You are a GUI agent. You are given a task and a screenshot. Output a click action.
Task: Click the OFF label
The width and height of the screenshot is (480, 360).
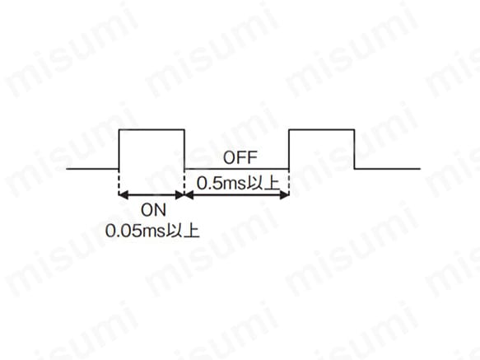point(240,157)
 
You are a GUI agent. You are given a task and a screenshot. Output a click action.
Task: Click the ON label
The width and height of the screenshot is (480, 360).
point(153,210)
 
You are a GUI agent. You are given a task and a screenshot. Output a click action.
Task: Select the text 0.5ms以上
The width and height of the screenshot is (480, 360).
point(238,183)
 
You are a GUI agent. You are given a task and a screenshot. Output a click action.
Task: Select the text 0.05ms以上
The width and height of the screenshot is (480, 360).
point(152,231)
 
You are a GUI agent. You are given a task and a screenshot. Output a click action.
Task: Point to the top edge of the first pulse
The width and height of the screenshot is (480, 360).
point(151,130)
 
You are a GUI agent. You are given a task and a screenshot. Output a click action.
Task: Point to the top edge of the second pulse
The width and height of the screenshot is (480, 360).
point(322,130)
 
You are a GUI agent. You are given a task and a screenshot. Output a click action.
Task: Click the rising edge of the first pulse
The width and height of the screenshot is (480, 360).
point(119,149)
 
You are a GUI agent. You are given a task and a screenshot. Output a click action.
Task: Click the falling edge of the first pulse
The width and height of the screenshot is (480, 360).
point(184,149)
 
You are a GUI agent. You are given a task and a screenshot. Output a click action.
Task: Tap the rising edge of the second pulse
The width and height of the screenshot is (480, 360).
point(289,149)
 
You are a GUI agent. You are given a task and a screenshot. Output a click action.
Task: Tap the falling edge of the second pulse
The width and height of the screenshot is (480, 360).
point(355,149)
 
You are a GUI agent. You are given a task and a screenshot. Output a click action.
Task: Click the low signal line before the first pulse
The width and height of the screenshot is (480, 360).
point(92,169)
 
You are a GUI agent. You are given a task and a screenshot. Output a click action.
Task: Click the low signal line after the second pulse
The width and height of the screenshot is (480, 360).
point(387,169)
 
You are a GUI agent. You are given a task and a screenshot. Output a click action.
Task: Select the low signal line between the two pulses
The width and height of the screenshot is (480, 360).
point(236,169)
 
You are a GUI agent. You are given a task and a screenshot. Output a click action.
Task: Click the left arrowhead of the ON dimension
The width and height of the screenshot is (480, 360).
point(123,195)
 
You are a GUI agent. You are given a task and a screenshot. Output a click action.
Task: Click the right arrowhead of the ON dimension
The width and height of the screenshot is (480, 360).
point(179,195)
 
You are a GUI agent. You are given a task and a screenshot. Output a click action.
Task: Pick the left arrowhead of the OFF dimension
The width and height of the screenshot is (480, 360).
point(189,195)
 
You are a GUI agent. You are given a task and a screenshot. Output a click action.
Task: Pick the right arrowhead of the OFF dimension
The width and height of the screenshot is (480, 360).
point(285,195)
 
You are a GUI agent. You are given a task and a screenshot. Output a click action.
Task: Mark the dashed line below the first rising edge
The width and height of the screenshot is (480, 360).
point(119,182)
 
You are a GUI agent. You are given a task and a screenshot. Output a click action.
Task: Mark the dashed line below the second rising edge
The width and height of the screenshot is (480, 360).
point(289,182)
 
